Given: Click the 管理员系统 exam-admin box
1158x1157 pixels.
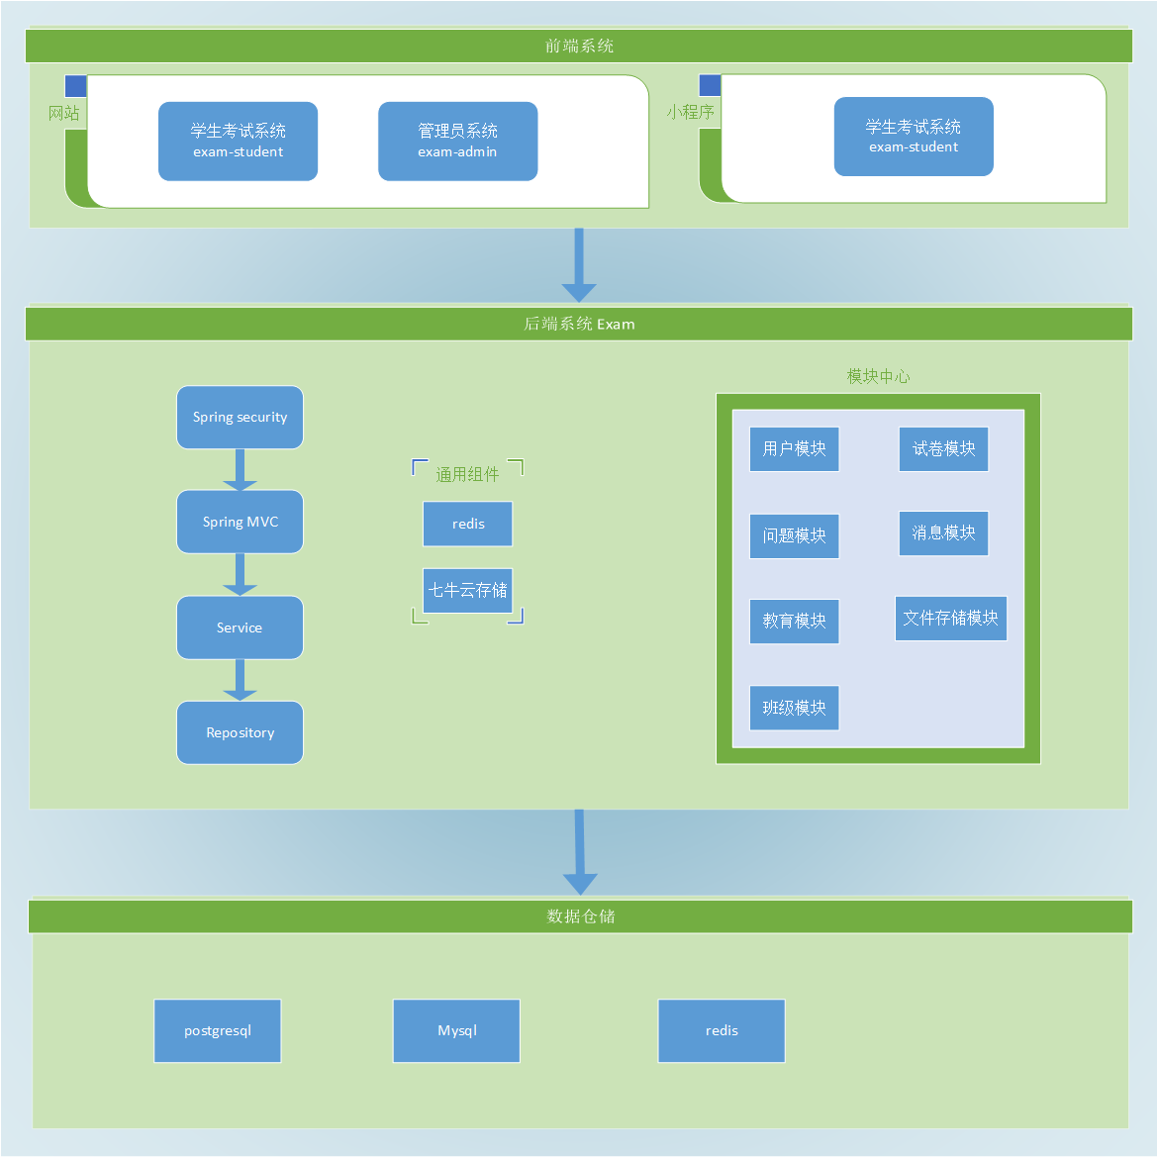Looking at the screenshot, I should click(457, 142).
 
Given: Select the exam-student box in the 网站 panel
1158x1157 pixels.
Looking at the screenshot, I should click(238, 142).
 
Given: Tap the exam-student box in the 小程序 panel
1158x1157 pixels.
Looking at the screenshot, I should click(913, 137).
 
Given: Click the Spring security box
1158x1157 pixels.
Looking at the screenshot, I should click(240, 418).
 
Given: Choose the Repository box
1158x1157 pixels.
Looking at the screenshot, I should click(240, 732).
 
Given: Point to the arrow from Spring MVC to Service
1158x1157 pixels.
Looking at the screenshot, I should click(240, 574).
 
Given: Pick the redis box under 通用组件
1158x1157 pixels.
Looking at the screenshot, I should click(467, 524).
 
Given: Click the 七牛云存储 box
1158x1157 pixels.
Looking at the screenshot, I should click(467, 591).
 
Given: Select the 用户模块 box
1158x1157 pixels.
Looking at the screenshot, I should click(794, 449).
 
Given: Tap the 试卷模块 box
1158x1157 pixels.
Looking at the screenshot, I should click(943, 449).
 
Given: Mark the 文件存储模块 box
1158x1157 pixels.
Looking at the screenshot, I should click(950, 619).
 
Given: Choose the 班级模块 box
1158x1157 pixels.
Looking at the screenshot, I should click(794, 708).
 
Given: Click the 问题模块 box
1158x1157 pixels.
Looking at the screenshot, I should click(794, 535).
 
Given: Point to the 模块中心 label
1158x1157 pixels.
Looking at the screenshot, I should click(878, 376).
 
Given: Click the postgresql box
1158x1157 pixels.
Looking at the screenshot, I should click(218, 1030).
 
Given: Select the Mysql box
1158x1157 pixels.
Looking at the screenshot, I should click(456, 1030).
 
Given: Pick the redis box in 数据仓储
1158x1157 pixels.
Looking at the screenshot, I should click(722, 1030).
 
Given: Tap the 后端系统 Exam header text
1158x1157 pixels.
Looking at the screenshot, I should click(579, 324).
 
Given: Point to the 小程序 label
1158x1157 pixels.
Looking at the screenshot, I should click(690, 112).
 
